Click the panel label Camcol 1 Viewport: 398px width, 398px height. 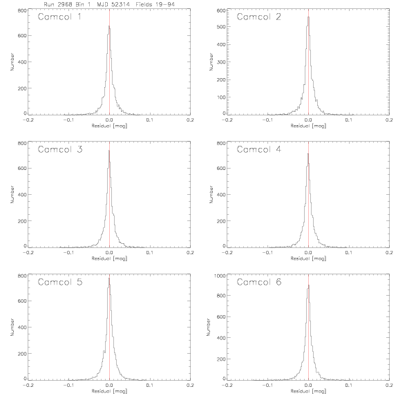pyautogui.click(x=59, y=17)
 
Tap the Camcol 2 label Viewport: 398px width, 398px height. pyautogui.click(x=258, y=17)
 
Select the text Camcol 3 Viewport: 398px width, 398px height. pyautogui.click(x=60, y=149)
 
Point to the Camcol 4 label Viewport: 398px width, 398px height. pyautogui.click(x=259, y=149)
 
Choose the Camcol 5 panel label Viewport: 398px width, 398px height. pyautogui.click(x=60, y=282)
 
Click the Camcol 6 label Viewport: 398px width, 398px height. pyautogui.click(x=259, y=282)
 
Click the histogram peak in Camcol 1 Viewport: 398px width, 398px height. pyautogui.click(x=109, y=26)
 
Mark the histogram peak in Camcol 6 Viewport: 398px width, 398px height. pyautogui.click(x=309, y=285)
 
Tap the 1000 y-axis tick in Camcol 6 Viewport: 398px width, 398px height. pyautogui.click(x=220, y=276)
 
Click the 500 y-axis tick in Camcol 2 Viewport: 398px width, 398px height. pyautogui.click(x=221, y=27)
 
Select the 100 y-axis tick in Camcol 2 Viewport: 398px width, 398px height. pyautogui.click(x=221, y=97)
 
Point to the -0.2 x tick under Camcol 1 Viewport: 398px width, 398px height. pyautogui.click(x=28, y=120)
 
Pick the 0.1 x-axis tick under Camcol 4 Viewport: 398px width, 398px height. pyautogui.click(x=349, y=253)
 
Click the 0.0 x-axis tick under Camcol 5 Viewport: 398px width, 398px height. pyautogui.click(x=109, y=385)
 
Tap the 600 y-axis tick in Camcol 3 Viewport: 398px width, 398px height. pyautogui.click(x=22, y=169)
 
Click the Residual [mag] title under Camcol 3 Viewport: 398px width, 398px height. pyautogui.click(x=109, y=258)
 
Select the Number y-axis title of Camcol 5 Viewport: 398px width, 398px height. pyautogui.click(x=12, y=328)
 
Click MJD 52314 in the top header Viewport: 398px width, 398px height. pyautogui.click(x=113, y=4)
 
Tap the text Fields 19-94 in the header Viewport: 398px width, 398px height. pyautogui.click(x=155, y=4)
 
